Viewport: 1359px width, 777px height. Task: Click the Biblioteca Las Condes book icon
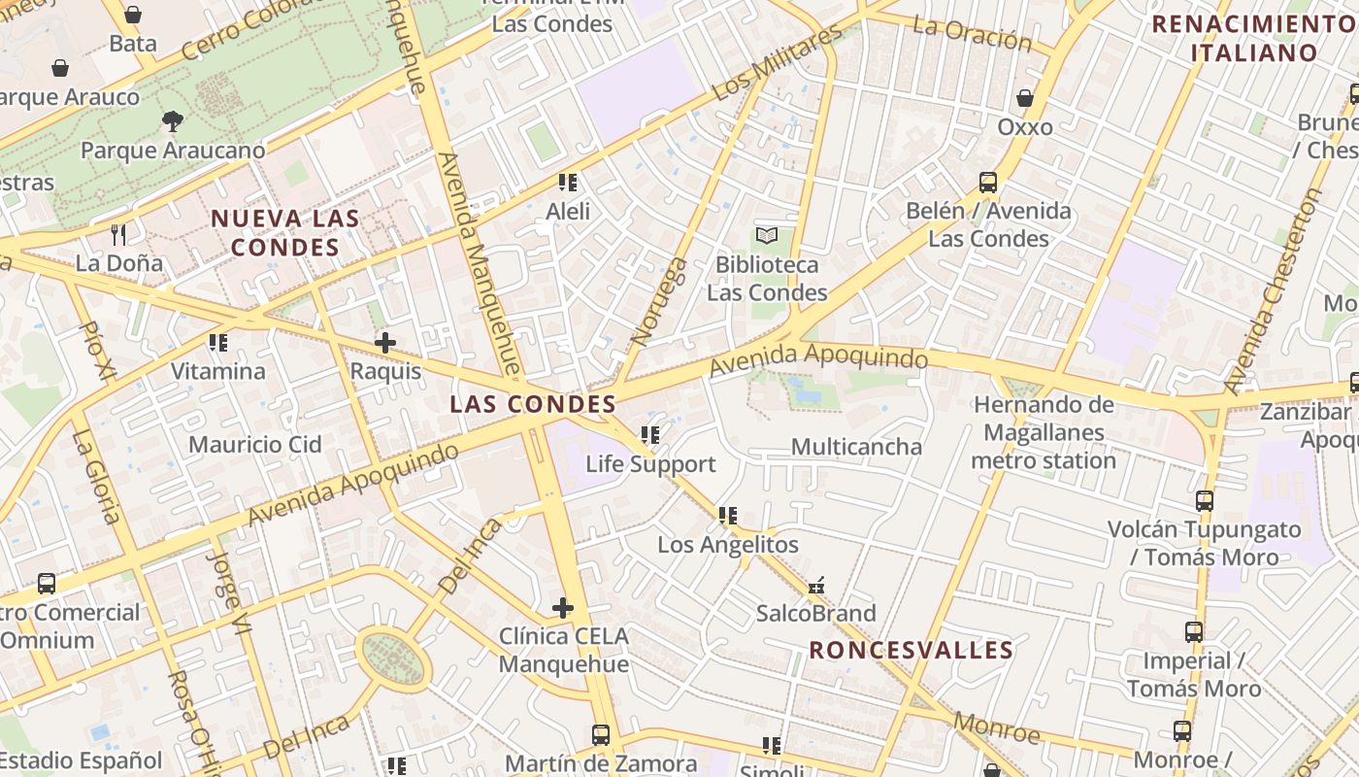click(x=767, y=235)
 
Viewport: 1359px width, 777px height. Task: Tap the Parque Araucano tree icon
click(x=173, y=121)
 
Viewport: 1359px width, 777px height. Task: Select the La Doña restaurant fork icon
click(x=118, y=234)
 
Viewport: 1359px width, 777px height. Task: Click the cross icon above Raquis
click(x=385, y=342)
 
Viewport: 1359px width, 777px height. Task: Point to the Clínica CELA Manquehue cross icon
click(x=563, y=608)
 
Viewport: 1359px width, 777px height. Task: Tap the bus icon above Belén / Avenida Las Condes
click(x=988, y=183)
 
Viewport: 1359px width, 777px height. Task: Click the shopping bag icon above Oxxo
click(x=1025, y=98)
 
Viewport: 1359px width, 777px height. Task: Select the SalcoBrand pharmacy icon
click(x=816, y=586)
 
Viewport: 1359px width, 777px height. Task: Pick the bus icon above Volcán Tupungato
click(x=1205, y=501)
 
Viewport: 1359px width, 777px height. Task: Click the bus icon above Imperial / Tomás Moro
click(x=1194, y=632)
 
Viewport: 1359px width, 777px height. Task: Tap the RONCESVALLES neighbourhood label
click(x=912, y=650)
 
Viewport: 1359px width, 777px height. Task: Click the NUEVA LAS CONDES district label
click(x=284, y=233)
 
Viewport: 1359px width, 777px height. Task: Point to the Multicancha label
click(x=856, y=447)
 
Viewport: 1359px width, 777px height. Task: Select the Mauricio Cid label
click(x=254, y=445)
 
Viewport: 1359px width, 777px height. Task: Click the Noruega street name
click(x=659, y=301)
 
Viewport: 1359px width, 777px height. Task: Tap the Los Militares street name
click(x=777, y=63)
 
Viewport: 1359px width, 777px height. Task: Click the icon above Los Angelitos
click(x=728, y=516)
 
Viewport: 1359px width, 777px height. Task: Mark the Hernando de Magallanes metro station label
click(x=1044, y=432)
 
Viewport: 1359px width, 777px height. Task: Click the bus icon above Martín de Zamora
click(x=601, y=735)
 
